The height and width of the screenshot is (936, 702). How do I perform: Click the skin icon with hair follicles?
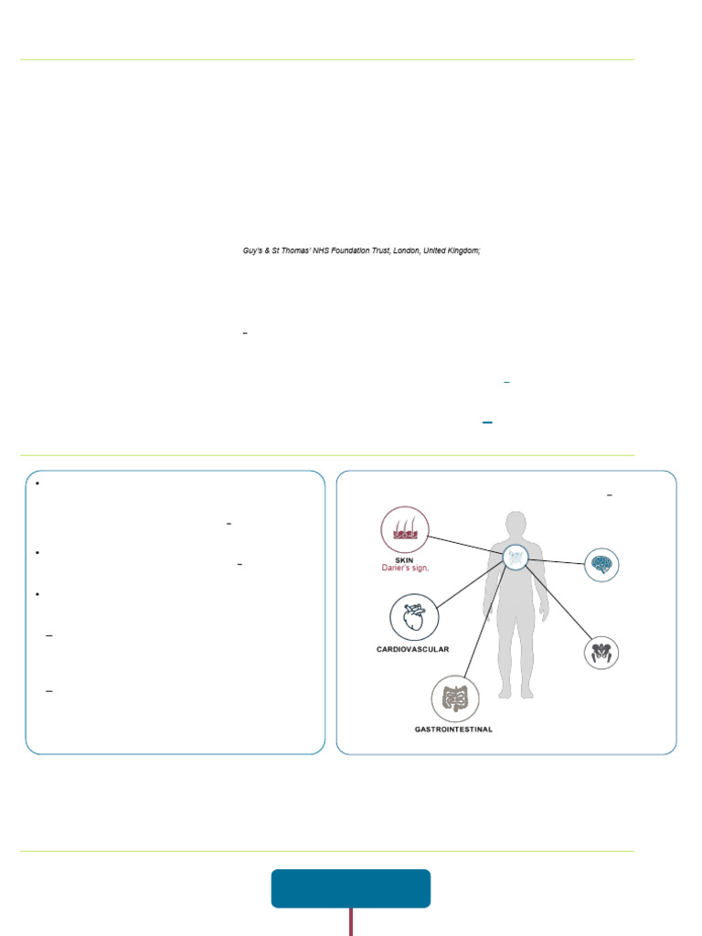click(404, 530)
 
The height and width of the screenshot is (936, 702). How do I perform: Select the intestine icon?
click(454, 699)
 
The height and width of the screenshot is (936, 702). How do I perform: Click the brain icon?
click(601, 563)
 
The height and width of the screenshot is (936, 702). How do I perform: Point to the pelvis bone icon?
click(601, 652)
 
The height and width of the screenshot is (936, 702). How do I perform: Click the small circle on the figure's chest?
click(516, 556)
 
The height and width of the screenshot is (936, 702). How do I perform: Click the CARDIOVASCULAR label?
click(413, 649)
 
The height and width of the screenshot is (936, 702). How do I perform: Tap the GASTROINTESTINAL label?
click(454, 729)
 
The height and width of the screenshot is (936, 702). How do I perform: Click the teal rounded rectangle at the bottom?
click(351, 888)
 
